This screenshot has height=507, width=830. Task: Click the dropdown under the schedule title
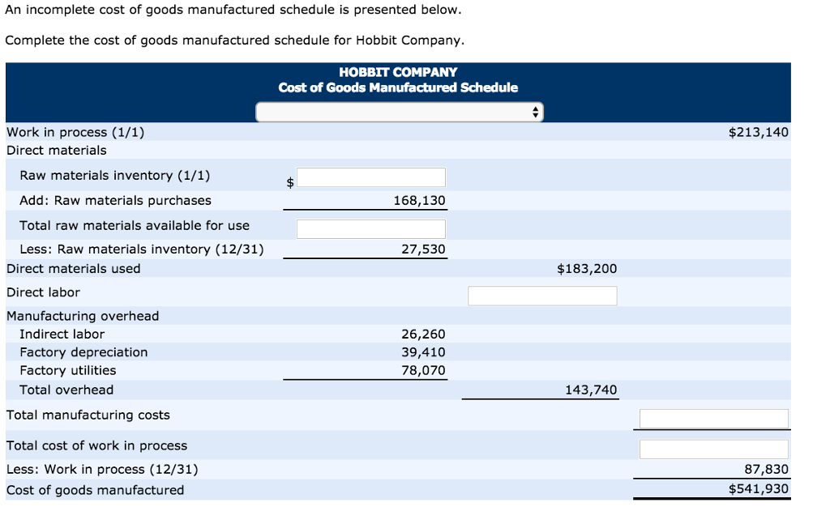[399, 112]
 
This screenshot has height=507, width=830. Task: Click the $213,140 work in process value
[758, 132]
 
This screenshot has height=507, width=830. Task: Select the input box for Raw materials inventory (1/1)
[370, 177]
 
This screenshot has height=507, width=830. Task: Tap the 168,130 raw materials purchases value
[419, 200]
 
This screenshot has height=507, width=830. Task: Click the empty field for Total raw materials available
[370, 228]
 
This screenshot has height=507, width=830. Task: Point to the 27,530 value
[423, 249]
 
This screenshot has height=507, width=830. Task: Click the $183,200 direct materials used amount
[587, 268]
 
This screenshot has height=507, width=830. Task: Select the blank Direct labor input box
[541, 296]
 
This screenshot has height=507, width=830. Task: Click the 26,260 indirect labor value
[423, 334]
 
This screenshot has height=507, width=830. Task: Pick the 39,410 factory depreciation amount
[423, 352]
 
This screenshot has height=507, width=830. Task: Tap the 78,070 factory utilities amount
[423, 370]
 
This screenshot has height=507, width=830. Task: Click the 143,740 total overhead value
[591, 390]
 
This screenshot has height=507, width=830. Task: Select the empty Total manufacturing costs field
[713, 418]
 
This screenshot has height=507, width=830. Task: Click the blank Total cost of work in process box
[713, 449]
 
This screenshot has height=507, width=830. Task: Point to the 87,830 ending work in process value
[766, 469]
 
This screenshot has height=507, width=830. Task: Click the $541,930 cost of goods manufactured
[758, 488]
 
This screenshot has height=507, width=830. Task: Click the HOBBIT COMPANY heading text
[398, 72]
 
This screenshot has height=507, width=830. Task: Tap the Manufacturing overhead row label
[83, 316]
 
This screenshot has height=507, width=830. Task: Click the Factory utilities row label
[67, 370]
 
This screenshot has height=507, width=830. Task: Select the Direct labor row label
[43, 292]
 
